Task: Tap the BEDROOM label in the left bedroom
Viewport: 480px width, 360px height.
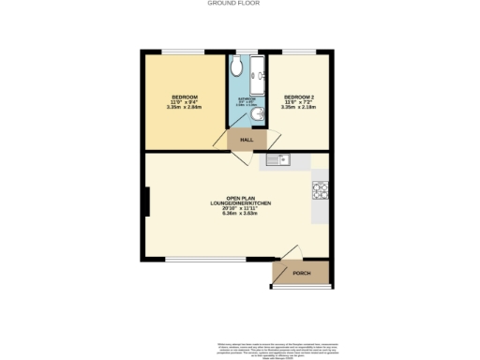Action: tap(184, 97)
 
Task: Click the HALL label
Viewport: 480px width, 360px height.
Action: tap(247, 140)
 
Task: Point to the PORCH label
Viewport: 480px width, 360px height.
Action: tap(302, 273)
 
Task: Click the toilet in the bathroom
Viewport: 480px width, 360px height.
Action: tap(236, 68)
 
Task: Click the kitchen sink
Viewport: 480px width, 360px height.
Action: tap(277, 160)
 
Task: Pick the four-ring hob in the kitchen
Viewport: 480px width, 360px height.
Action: tap(320, 187)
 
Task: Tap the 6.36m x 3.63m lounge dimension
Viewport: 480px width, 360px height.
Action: tap(234, 214)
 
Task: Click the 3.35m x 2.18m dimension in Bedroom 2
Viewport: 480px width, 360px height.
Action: tap(300, 107)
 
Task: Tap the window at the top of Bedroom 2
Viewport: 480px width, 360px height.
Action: tap(298, 52)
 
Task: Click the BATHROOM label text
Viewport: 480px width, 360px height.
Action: tap(247, 97)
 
